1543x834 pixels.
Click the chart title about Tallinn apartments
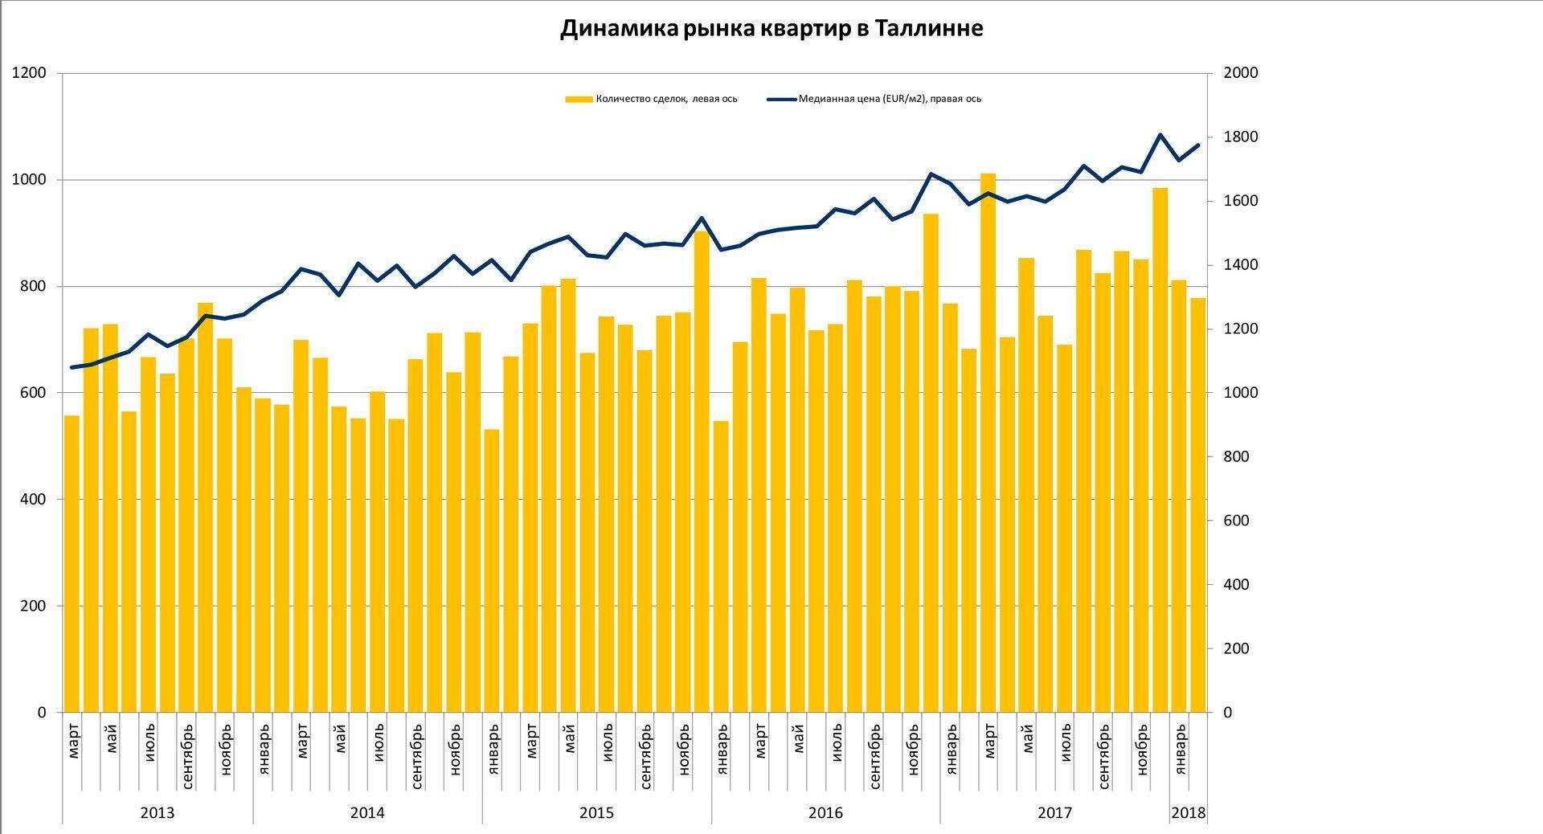pyautogui.click(x=771, y=29)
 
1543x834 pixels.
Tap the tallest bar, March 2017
pyautogui.click(x=988, y=442)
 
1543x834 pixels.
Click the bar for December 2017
pyautogui.click(x=1160, y=450)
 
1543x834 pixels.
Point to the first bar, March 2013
pyautogui.click(x=72, y=563)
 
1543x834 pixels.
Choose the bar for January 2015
pyautogui.click(x=492, y=570)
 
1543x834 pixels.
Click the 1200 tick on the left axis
pyautogui.click(x=30, y=73)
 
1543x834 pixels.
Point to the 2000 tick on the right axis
pyautogui.click(x=1240, y=73)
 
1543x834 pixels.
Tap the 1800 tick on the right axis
pyautogui.click(x=1240, y=137)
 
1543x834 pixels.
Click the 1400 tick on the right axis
pyautogui.click(x=1240, y=265)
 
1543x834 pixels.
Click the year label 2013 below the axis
pyautogui.click(x=158, y=813)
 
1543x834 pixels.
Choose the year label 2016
pyautogui.click(x=825, y=813)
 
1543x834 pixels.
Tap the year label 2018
pyautogui.click(x=1189, y=813)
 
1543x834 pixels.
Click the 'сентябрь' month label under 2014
pyautogui.click(x=417, y=756)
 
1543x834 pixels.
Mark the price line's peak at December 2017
pyautogui.click(x=1160, y=135)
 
